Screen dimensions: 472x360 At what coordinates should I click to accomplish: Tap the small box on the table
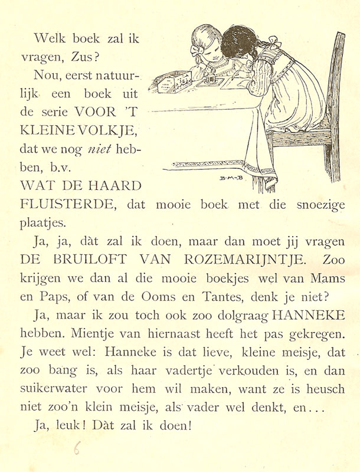[x=171, y=82]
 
